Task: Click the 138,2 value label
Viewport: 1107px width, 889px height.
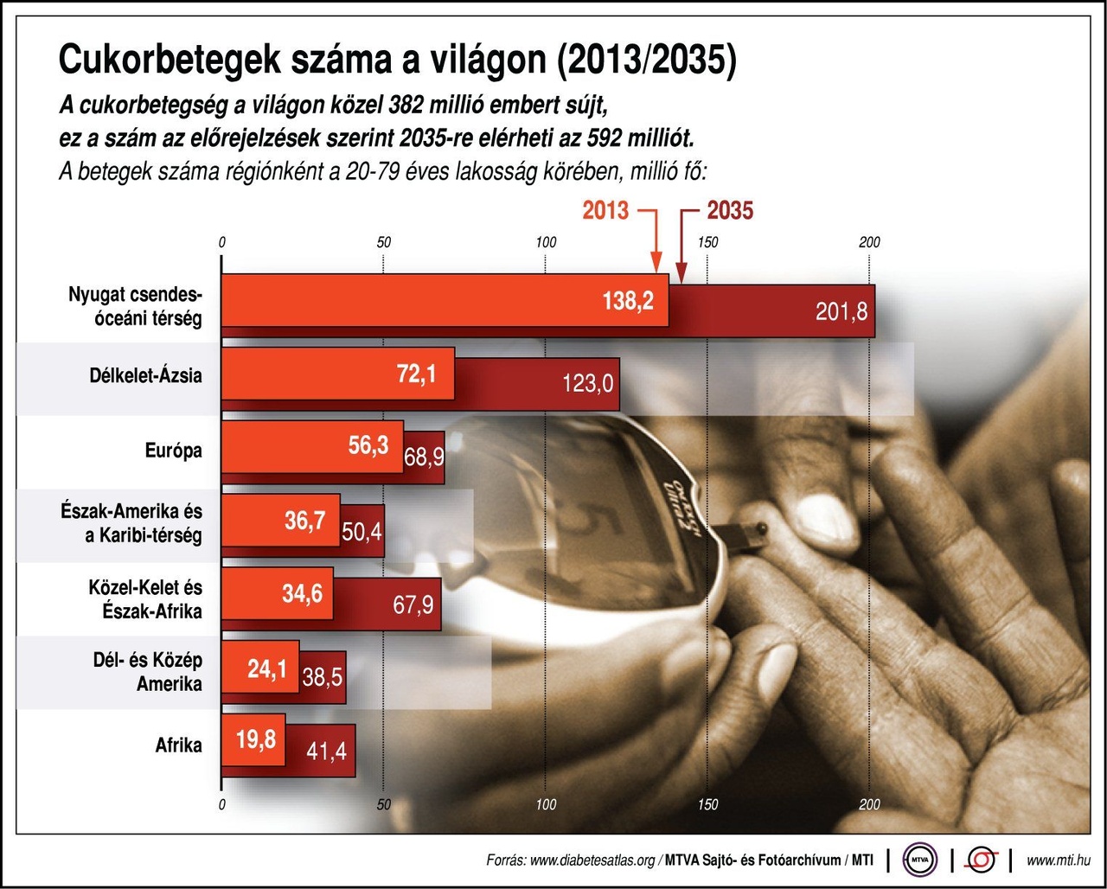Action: click(x=628, y=301)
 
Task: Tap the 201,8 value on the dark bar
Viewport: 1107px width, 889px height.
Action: click(x=841, y=311)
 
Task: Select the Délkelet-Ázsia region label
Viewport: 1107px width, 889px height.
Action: click(x=145, y=376)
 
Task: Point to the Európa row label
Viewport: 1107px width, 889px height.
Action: click(x=173, y=451)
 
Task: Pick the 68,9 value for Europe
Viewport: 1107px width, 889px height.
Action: click(x=424, y=457)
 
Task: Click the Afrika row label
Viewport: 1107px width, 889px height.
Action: click(x=178, y=745)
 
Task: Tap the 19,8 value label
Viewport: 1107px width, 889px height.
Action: click(x=255, y=739)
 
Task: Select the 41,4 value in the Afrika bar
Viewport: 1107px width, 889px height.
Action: click(x=326, y=751)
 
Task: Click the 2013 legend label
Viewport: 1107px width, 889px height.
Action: click(x=605, y=210)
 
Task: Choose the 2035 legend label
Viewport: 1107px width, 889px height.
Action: click(x=730, y=210)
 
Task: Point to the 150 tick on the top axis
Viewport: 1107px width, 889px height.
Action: click(x=707, y=243)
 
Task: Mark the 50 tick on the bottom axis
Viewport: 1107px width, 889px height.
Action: click(x=384, y=805)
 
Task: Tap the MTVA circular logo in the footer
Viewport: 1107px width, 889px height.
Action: click(x=919, y=860)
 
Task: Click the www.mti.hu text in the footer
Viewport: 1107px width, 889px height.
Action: click(x=1058, y=860)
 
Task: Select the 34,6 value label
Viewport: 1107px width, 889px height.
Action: click(x=303, y=594)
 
